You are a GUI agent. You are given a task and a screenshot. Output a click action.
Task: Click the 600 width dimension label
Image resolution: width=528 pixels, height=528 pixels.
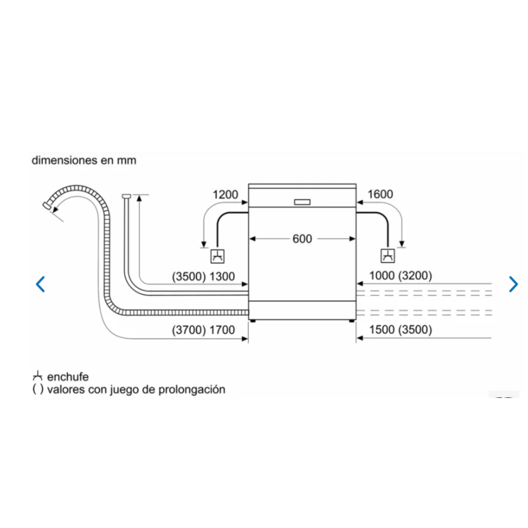302,239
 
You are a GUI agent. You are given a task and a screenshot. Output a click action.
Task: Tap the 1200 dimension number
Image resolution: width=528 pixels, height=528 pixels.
225,194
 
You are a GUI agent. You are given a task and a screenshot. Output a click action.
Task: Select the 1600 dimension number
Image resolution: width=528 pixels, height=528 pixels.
380,194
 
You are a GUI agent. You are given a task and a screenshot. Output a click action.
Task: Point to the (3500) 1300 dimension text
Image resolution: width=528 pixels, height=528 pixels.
203,277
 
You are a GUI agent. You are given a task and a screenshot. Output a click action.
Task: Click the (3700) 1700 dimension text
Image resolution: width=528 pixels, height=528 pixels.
203,329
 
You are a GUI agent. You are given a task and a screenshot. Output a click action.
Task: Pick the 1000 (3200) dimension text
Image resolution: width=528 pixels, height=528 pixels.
401,275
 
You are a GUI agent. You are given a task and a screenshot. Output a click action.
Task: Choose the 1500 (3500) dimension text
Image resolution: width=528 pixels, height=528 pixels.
401,329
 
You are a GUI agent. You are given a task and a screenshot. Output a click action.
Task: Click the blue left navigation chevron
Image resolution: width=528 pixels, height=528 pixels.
40,284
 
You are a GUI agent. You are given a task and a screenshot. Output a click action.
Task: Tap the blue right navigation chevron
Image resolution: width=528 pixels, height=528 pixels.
513,284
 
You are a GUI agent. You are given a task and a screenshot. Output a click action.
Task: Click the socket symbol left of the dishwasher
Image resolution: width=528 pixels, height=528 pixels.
218,256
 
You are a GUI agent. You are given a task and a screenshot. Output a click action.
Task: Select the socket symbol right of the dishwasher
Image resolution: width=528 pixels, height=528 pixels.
387,256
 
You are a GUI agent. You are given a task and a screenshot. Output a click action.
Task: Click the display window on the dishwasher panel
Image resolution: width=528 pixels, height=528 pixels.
302,202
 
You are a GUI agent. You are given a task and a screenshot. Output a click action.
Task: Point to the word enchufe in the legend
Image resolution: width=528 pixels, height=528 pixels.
68,377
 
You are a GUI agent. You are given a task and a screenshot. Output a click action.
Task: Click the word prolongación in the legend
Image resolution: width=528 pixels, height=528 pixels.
191,389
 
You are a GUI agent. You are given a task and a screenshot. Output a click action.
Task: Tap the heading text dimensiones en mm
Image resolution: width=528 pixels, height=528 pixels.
84,160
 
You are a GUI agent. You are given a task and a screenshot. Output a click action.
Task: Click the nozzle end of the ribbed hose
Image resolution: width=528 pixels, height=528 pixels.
47,205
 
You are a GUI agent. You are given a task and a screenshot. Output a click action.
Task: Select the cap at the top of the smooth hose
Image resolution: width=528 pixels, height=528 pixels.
126,196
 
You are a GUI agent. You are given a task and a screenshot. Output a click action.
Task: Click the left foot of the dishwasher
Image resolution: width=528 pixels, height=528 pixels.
253,321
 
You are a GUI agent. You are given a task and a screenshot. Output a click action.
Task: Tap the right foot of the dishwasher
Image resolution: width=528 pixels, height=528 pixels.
352,321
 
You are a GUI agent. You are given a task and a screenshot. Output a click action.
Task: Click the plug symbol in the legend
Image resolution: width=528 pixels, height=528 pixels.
38,376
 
